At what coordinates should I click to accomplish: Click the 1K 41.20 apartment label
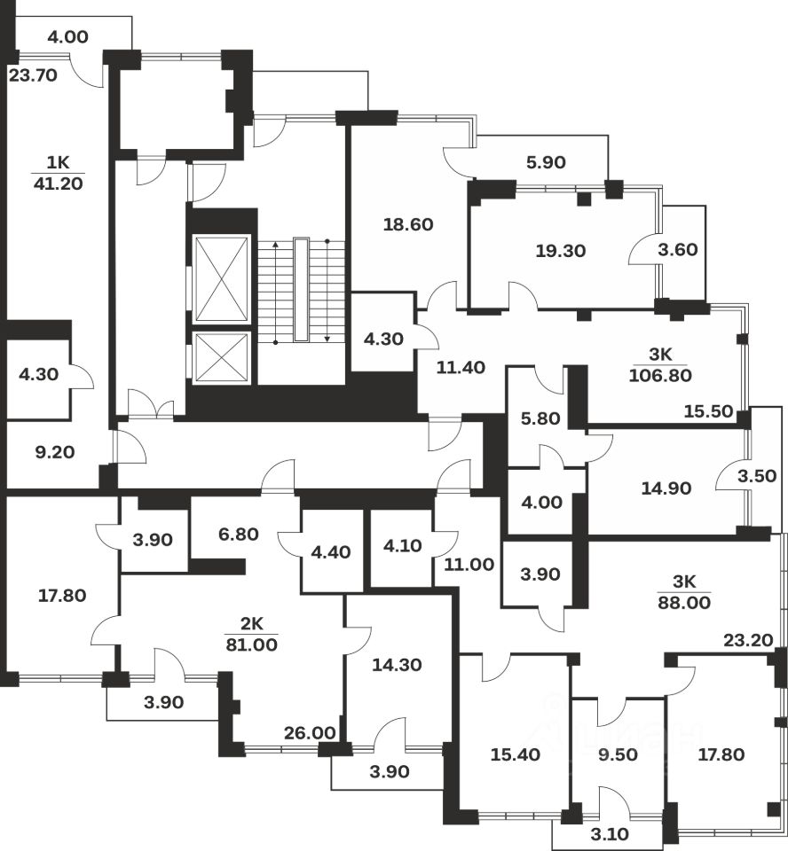[x=57, y=173]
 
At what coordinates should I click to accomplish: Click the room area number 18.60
[x=408, y=225]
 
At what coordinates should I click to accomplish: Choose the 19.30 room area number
[x=561, y=251]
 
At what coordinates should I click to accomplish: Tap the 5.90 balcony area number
[x=547, y=162]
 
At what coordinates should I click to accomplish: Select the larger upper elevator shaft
[x=221, y=279]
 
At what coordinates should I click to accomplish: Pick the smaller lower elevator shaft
[x=221, y=358]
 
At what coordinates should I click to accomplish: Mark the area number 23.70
[x=33, y=75]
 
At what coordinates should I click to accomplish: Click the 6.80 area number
[x=238, y=535]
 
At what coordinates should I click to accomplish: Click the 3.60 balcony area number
[x=683, y=251]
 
